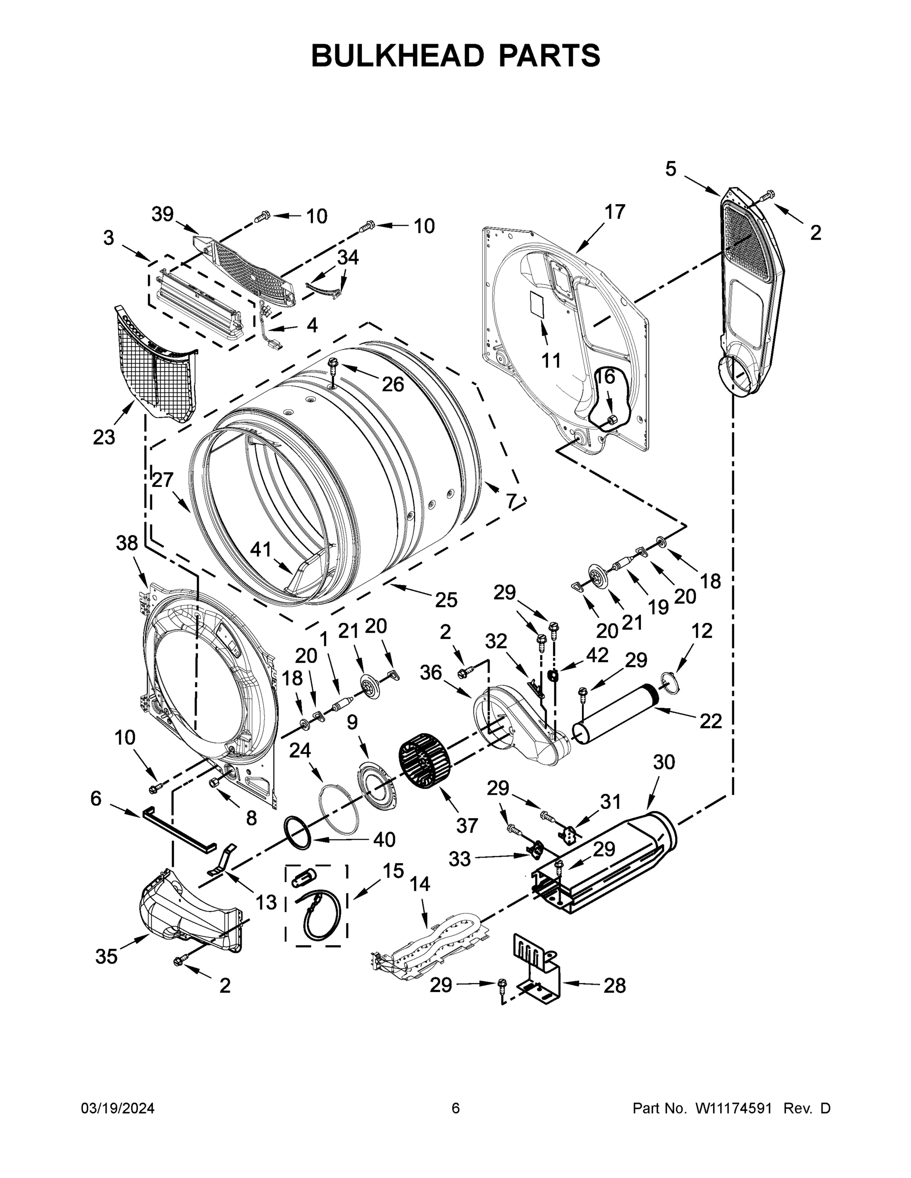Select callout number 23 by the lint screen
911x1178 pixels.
(x=104, y=437)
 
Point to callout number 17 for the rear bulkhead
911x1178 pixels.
(x=614, y=212)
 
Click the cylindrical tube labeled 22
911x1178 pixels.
(x=615, y=715)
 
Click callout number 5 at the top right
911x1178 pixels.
(x=670, y=169)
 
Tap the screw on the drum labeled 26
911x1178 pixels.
(x=332, y=367)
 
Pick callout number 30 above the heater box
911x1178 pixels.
(x=664, y=762)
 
